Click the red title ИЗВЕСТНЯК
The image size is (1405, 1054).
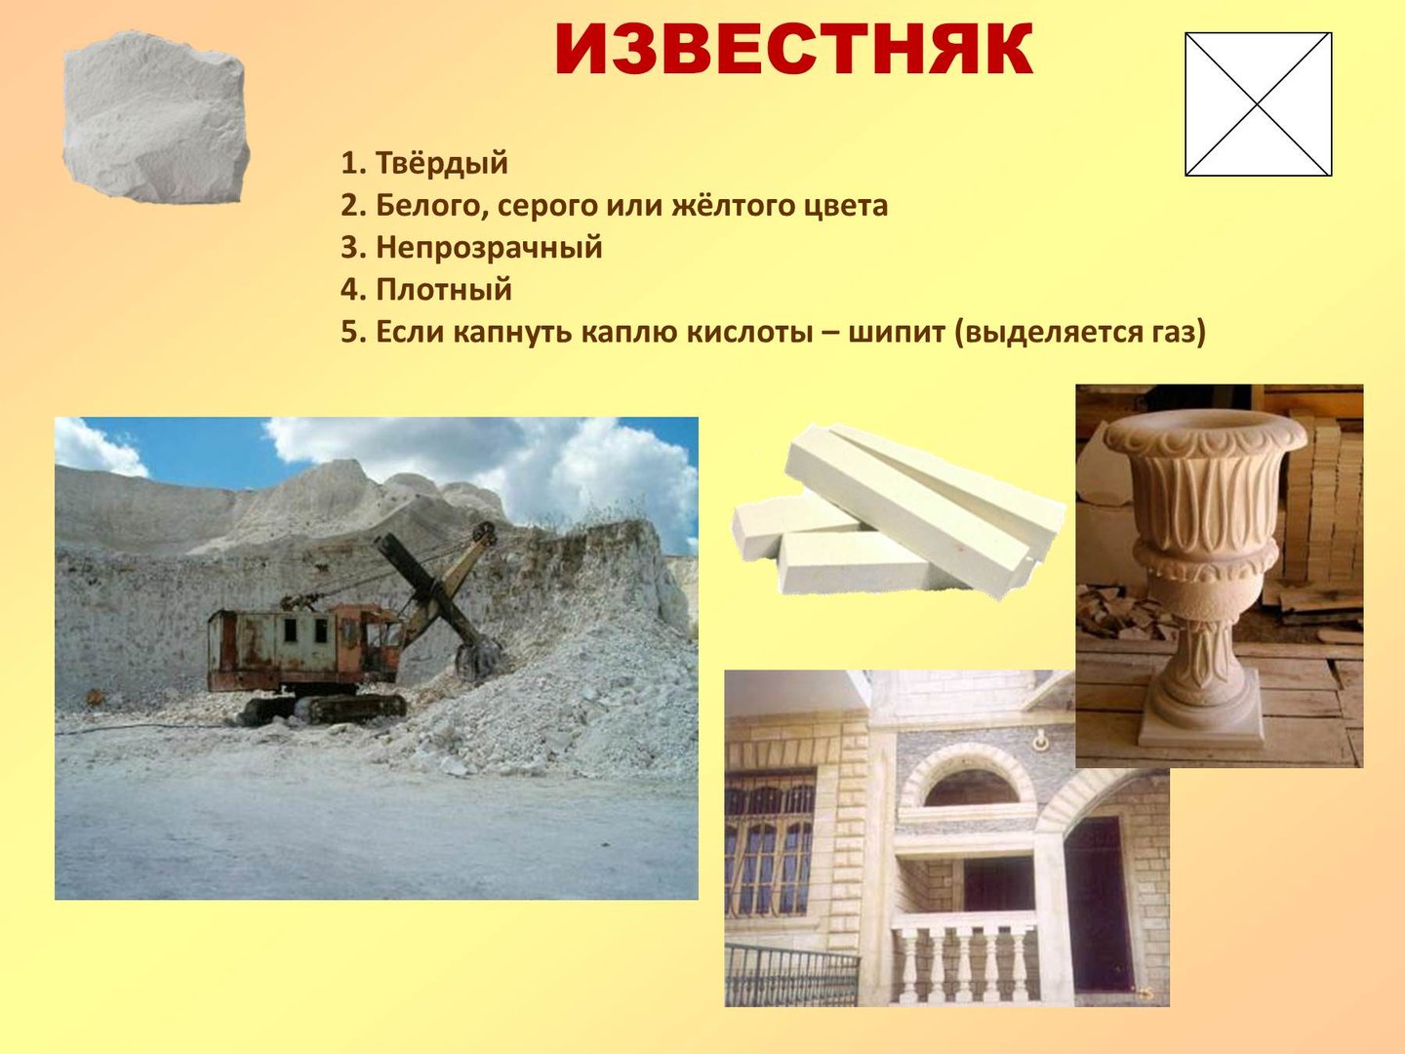pyautogui.click(x=793, y=50)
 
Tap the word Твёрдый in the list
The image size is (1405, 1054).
pyautogui.click(x=442, y=163)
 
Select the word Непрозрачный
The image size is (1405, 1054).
pyautogui.click(x=489, y=249)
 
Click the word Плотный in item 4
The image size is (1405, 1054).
pyautogui.click(x=444, y=290)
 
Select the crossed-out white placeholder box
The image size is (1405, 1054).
pyautogui.click(x=1258, y=104)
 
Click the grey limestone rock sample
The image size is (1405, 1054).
pyautogui.click(x=155, y=118)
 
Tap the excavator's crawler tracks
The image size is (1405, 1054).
pyautogui.click(x=323, y=709)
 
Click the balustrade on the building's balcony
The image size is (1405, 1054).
pyautogui.click(x=965, y=961)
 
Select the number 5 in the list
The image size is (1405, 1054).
pyautogui.click(x=349, y=333)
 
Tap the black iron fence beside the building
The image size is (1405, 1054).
pyautogui.click(x=791, y=974)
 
